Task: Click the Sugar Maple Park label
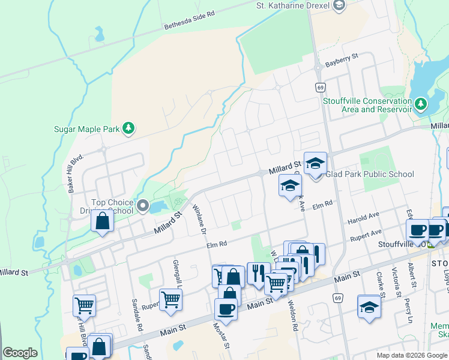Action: tap(87, 128)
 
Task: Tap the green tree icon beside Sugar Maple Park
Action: tap(128, 128)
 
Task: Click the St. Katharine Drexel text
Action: tap(294, 5)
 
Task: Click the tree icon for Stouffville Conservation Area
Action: tap(421, 105)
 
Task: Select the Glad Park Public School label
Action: tap(369, 175)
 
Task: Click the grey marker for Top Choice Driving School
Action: tap(143, 206)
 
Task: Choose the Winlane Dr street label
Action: tap(199, 218)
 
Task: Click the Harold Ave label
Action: tap(363, 215)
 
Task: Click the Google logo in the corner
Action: tap(20, 353)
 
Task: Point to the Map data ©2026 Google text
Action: tap(412, 355)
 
